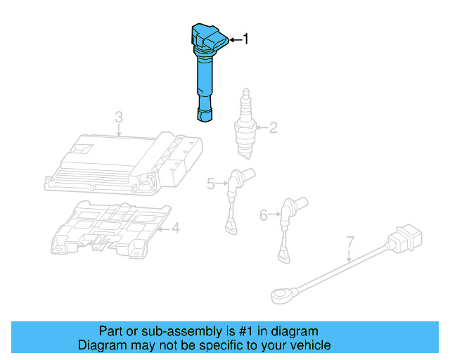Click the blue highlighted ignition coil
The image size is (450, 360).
coord(205,70)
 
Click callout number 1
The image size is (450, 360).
coord(245,39)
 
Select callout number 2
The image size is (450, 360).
coord(274,128)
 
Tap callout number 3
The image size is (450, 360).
coord(119,117)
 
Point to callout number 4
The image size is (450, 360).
coord(176,228)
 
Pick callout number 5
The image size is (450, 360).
coord(210,184)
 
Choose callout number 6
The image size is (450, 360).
coord(264,215)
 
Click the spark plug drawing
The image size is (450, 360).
coord(244,127)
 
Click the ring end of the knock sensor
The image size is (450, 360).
coord(280,292)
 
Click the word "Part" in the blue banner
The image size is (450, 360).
coord(111,331)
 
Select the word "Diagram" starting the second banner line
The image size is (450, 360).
coord(100,345)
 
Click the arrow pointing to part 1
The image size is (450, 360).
coord(233,40)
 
